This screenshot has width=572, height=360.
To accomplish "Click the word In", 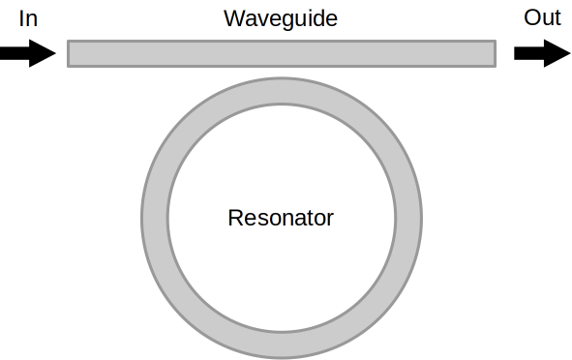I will tap(28, 17).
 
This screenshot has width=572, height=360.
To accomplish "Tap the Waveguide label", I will tap(281, 18).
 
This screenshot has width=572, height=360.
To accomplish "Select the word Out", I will tap(542, 17).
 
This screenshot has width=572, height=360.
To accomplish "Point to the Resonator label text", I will tap(281, 218).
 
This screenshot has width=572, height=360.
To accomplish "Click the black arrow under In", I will tap(28, 52).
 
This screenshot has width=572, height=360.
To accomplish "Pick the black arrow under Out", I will tap(542, 52).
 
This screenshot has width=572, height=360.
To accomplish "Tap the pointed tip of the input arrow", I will tap(56, 52).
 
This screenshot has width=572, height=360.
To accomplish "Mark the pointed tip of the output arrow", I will tap(570, 52).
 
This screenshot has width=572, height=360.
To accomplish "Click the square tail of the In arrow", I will tap(3, 52).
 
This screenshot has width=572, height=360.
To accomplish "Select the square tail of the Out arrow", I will tap(517, 52).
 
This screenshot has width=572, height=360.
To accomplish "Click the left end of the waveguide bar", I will tap(71, 53).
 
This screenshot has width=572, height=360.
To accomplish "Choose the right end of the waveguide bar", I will tap(493, 53).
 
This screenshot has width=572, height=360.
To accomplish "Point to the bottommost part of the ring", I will tap(281, 345).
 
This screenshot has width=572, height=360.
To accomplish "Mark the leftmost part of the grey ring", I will tap(154, 218).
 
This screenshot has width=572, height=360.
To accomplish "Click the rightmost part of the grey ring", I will tap(408, 218).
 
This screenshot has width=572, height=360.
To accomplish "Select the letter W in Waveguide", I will tap(232, 18).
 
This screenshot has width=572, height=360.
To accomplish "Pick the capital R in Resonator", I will tap(234, 218).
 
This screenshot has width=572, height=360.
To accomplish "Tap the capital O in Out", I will tap(531, 17).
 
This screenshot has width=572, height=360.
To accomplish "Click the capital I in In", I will tap(21, 17).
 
